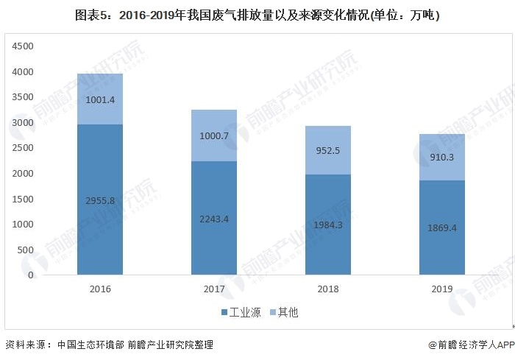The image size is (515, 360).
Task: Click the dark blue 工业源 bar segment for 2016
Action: (x=100, y=221)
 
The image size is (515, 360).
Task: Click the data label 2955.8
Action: (x=100, y=200)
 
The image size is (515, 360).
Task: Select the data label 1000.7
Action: (x=214, y=136)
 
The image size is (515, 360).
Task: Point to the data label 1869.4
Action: (x=442, y=228)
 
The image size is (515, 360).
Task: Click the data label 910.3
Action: (x=442, y=157)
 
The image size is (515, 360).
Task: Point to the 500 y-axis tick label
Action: (x=26, y=250)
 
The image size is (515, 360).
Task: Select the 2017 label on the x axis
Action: (x=214, y=289)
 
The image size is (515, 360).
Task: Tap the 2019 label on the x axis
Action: (x=442, y=289)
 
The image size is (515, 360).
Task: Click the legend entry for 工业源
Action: (x=238, y=313)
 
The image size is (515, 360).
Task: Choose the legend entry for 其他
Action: (x=284, y=313)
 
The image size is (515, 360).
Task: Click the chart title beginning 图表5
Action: (x=257, y=15)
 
